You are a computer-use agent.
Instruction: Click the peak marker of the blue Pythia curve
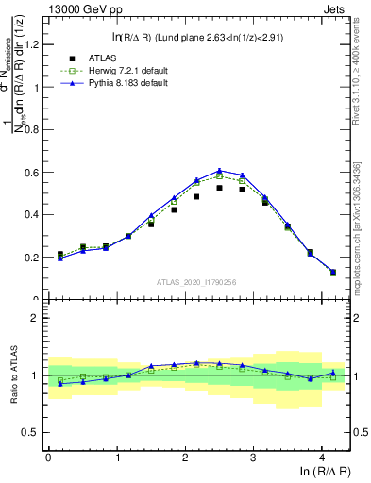(x=219, y=171)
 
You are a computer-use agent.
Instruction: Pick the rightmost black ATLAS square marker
(x=333, y=273)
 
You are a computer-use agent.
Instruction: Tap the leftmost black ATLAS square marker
(x=59, y=255)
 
